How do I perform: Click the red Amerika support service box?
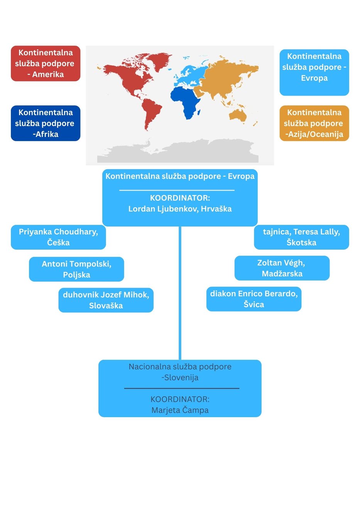46,63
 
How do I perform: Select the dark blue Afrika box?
46,123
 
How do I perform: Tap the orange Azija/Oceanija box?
314,123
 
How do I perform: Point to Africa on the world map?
185,101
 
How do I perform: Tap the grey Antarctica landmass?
178,151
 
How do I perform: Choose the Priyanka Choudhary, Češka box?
58,237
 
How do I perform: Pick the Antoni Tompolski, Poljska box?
76,269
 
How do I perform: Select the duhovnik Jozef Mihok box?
106,300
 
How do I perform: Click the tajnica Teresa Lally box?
302,237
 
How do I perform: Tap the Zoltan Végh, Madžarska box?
282,268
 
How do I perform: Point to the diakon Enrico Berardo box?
254,299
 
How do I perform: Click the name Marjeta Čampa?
180,410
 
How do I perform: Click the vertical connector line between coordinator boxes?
180,293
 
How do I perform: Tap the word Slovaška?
106,306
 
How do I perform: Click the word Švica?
254,305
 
